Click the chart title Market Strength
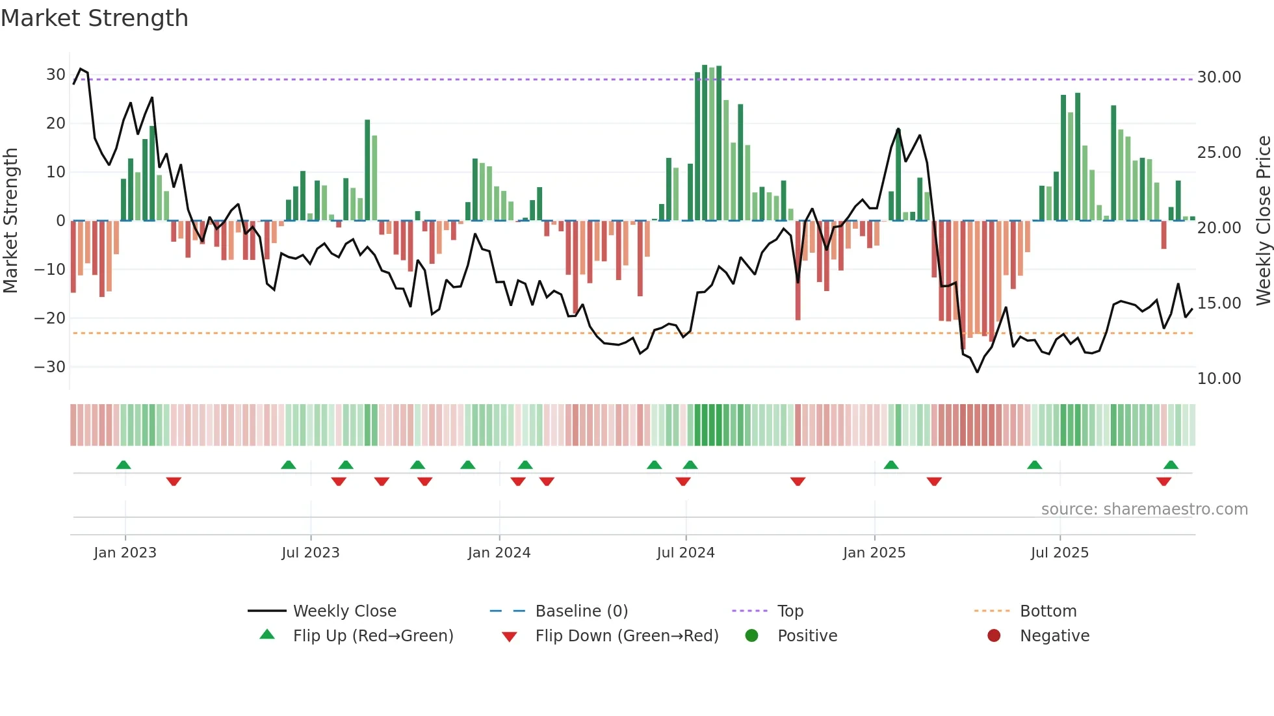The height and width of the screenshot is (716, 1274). [95, 18]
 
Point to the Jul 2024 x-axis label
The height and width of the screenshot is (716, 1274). [685, 552]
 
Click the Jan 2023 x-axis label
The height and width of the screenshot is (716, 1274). [125, 552]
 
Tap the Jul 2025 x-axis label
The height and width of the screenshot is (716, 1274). [1059, 552]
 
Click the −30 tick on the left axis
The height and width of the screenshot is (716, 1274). [50, 366]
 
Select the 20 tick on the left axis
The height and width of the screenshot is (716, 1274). [55, 123]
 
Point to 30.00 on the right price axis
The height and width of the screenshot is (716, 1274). [1219, 77]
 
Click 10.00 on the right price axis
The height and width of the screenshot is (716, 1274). [1219, 378]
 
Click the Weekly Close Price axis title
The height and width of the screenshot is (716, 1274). [1263, 220]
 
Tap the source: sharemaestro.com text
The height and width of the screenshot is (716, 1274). [1144, 509]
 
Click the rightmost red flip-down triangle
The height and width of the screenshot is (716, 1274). [1163, 481]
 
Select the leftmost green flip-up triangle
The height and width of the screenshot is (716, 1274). [123, 465]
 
